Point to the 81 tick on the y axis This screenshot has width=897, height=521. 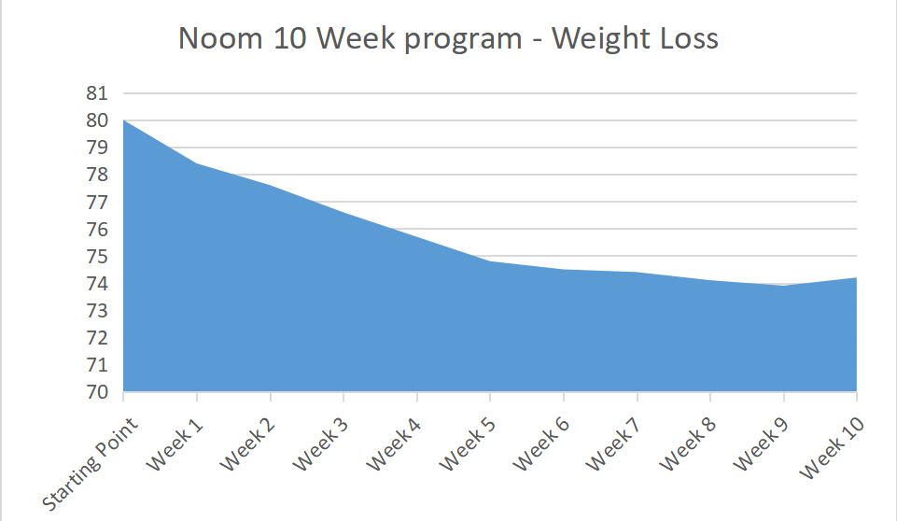[x=98, y=93]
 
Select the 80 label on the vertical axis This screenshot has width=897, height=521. [x=98, y=120]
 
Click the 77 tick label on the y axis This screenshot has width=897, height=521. [x=98, y=202]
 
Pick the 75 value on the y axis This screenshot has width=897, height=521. [x=98, y=256]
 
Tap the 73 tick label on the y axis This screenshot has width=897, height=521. [x=98, y=310]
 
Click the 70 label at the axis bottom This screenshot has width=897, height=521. [x=98, y=392]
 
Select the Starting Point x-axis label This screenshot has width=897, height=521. [x=91, y=463]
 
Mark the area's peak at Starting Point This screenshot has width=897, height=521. [x=123, y=120]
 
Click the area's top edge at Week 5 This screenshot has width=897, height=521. [x=490, y=260]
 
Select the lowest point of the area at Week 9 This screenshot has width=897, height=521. [x=783, y=286]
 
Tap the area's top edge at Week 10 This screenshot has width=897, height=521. [x=856, y=277]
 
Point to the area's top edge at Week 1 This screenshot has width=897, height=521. [x=197, y=163]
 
